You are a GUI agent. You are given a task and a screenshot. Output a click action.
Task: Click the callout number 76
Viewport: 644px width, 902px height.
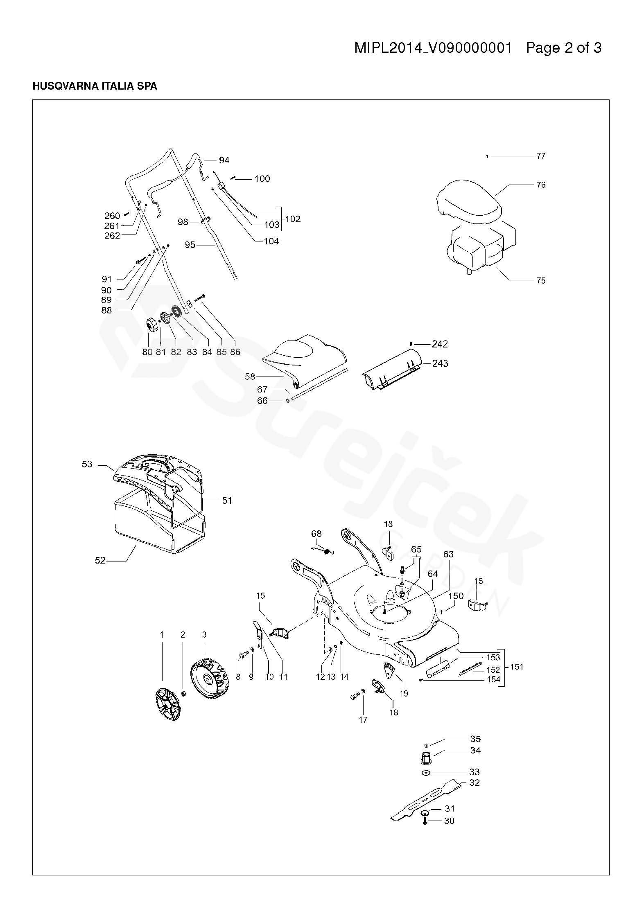coord(540,185)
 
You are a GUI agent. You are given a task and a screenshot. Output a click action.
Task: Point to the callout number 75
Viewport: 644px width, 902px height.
coord(540,281)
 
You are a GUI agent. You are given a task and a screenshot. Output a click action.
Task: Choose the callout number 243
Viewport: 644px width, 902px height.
coord(440,363)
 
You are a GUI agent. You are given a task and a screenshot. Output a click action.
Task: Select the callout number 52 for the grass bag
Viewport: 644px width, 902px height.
coord(100,561)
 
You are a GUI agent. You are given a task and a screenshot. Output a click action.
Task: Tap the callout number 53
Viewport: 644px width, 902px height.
coord(87,465)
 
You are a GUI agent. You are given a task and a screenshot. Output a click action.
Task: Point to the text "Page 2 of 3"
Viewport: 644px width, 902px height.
coord(563,48)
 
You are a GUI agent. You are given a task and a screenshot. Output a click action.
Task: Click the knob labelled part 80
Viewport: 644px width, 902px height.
coord(151,326)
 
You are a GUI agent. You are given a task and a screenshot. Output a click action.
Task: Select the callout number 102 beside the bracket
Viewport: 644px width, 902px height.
coord(293,219)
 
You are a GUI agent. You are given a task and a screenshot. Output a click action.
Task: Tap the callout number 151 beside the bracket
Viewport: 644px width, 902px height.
coord(517,667)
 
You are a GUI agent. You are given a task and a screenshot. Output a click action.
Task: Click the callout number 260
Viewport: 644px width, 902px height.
coord(112,216)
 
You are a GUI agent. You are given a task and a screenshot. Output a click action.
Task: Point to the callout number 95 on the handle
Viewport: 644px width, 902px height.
coord(190,245)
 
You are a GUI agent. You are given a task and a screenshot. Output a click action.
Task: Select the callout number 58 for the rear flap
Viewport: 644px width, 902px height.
coord(250,377)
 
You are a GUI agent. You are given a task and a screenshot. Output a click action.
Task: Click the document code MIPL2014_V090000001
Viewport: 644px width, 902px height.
coord(433,48)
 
